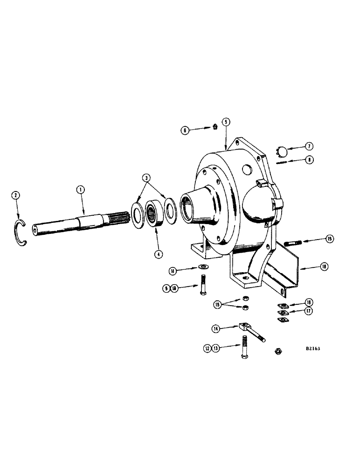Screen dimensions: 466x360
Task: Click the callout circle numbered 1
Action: point(81,190)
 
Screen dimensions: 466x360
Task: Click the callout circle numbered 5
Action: point(226,122)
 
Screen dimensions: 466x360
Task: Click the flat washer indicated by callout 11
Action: point(204,266)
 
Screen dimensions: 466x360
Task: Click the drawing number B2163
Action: point(316,348)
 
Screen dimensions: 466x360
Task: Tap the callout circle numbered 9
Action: point(166,288)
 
